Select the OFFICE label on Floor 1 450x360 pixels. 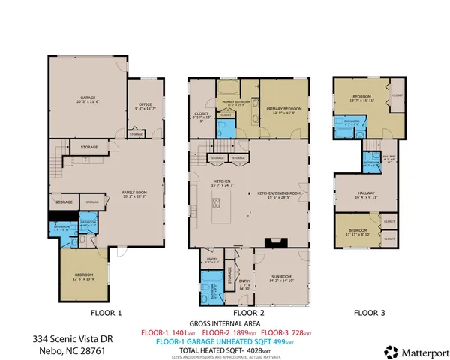[x=144, y=106]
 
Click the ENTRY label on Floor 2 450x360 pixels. [x=243, y=283]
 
